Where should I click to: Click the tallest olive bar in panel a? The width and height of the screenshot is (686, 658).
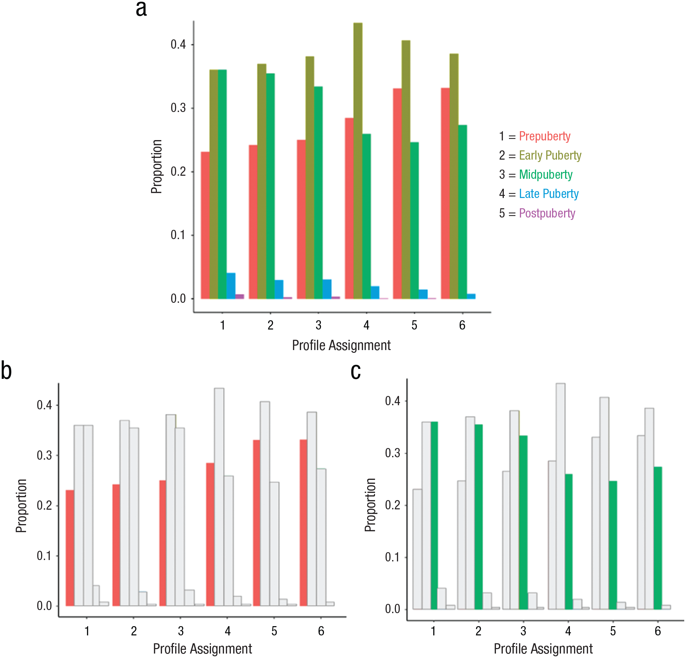coord(358,161)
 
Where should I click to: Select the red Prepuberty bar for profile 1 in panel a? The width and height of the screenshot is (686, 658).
coord(205,225)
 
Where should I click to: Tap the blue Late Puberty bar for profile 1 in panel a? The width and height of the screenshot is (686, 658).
coord(231,286)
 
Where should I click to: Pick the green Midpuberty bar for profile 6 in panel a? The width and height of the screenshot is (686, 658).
coord(463,212)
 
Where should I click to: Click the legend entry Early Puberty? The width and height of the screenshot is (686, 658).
coord(550,155)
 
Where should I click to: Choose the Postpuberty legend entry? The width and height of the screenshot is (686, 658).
coord(547,213)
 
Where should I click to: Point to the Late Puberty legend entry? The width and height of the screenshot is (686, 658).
coord(548,194)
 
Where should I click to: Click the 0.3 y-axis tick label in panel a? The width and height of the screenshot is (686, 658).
coord(178,108)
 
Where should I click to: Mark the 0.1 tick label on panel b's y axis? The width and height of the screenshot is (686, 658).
coord(45,556)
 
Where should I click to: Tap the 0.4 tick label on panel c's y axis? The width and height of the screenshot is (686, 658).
coord(393,401)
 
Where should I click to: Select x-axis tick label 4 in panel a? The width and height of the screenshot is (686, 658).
coord(366,325)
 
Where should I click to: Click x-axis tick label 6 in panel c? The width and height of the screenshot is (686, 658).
coord(658,631)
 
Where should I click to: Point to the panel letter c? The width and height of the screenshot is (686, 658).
coord(356,372)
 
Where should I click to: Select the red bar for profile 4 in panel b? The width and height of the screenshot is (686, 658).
coord(210,534)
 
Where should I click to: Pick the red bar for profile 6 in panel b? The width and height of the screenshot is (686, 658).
coord(303,523)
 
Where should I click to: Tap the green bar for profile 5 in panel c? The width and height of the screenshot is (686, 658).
coord(613,545)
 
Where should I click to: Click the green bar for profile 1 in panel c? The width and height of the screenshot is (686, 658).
coord(434,516)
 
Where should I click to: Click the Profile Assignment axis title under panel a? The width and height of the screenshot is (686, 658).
coord(341,346)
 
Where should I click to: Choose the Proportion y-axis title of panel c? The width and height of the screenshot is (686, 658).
coord(370,505)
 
